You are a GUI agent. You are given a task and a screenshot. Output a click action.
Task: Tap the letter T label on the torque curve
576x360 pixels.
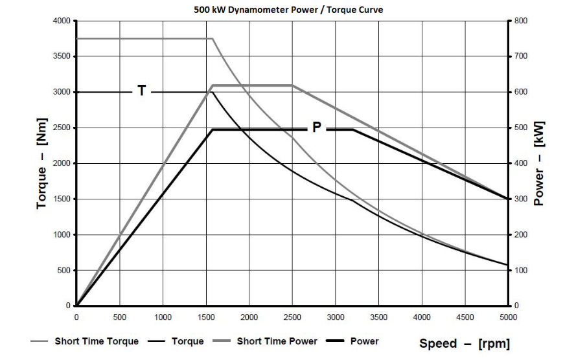click(142, 91)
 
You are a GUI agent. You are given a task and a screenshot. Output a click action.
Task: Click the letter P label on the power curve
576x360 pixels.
click(316, 128)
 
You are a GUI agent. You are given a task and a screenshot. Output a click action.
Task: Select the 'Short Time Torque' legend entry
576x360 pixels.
click(96, 341)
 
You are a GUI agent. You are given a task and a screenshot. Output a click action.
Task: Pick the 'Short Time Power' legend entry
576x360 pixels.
click(277, 341)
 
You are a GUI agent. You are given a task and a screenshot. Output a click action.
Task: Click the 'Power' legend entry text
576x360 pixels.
click(364, 341)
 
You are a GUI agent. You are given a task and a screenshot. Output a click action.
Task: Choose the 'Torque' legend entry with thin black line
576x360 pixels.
click(187, 341)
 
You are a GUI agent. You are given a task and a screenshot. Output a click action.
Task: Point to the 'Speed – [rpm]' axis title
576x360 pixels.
click(465, 343)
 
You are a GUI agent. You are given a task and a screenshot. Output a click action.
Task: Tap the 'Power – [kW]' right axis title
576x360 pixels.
click(539, 164)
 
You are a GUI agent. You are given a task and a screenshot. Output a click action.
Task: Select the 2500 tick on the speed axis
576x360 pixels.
click(292, 317)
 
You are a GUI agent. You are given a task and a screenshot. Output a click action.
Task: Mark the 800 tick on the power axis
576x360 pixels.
click(521, 21)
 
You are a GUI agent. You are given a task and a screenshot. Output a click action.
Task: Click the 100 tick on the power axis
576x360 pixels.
click(521, 270)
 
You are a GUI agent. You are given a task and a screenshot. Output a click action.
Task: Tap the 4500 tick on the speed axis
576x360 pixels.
click(465, 317)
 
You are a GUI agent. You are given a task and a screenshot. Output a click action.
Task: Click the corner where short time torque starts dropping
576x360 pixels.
click(213, 39)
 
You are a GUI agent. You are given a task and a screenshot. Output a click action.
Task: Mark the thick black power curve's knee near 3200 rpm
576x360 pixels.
click(352, 129)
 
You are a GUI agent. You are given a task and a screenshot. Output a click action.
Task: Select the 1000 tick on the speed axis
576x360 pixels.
click(163, 317)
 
